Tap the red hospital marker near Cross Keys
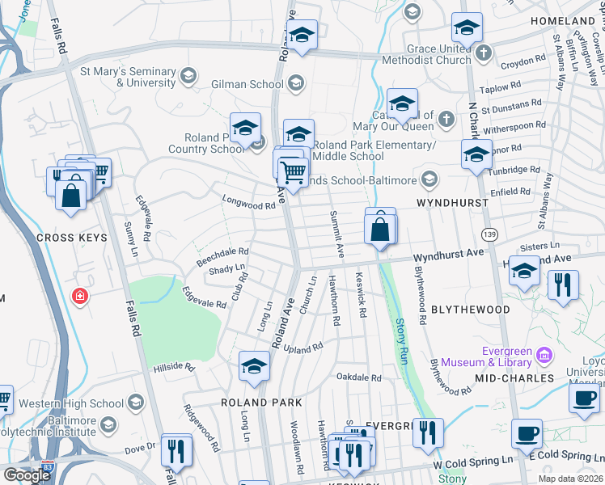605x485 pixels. click(x=78, y=297)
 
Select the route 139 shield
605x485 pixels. click(x=489, y=234)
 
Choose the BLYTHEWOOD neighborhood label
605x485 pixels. click(x=470, y=310)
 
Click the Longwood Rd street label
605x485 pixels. click(x=249, y=205)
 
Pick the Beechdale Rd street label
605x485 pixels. click(x=222, y=257)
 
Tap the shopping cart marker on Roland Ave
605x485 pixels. click(x=293, y=171)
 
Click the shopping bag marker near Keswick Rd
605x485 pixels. click(x=380, y=230)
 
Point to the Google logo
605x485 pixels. click(x=26, y=475)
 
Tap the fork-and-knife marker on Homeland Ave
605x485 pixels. click(x=562, y=285)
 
